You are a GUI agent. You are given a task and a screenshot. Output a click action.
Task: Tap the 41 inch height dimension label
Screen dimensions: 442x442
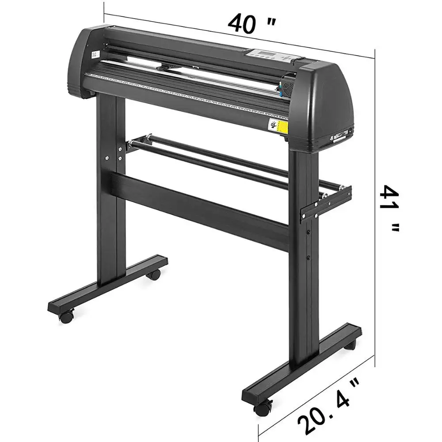[x=390, y=208]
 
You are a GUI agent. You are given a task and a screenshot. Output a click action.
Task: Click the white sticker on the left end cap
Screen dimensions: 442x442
[x=94, y=55]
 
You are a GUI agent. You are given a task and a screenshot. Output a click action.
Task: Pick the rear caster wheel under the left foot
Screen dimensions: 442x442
[x=154, y=274]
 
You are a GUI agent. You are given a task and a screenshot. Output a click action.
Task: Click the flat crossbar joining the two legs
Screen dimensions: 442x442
[x=199, y=208]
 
